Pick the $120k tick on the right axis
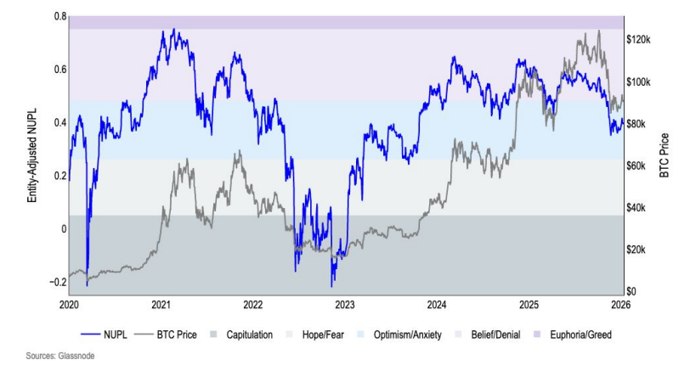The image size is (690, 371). click(639, 40)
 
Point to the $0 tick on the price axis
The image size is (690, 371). click(632, 292)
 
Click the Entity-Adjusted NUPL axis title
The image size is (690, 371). click(31, 149)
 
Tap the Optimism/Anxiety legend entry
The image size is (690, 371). click(410, 334)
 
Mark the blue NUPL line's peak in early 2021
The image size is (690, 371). click(173, 30)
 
